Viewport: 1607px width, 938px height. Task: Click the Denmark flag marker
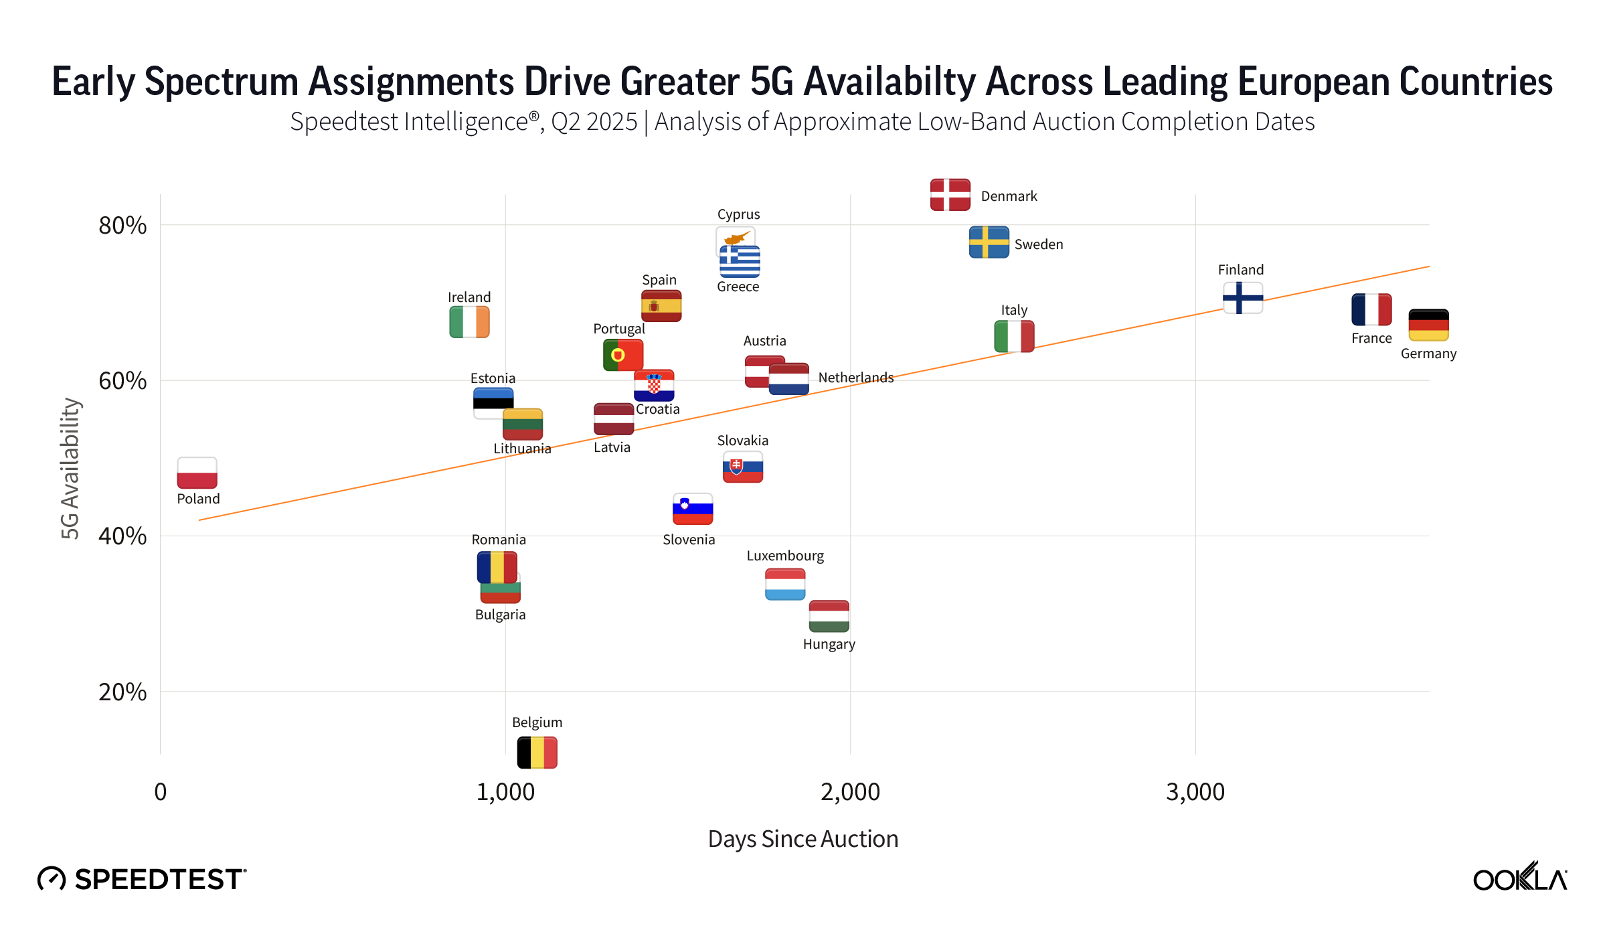click(950, 195)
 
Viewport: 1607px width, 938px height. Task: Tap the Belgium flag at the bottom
click(537, 752)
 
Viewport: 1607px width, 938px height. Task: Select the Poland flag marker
click(197, 473)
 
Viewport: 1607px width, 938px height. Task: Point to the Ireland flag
click(469, 322)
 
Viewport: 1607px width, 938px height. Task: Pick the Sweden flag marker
click(989, 242)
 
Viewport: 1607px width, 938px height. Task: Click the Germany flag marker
click(1428, 325)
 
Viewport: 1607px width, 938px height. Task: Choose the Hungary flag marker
click(829, 616)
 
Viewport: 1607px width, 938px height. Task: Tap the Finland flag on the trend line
click(1242, 298)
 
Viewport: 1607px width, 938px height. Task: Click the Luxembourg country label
click(784, 556)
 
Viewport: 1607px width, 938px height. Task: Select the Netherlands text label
click(855, 378)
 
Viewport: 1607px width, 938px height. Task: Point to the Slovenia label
click(688, 540)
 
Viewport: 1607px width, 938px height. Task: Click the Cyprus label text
click(738, 214)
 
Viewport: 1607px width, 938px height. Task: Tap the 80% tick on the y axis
click(122, 226)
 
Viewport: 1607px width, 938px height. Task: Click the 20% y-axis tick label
click(122, 692)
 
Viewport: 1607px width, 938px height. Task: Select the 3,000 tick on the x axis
click(1195, 792)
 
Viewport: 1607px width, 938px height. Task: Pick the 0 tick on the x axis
click(161, 792)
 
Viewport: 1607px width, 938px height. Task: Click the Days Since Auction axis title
click(802, 839)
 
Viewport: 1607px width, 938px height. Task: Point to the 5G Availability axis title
click(70, 468)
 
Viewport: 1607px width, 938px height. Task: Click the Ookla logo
click(1519, 878)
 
